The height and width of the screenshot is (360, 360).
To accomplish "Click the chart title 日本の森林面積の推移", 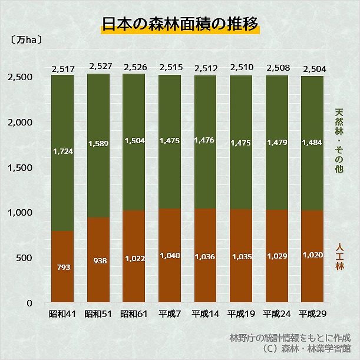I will click(x=180, y=25).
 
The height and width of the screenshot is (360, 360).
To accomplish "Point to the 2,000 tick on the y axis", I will click(x=21, y=122).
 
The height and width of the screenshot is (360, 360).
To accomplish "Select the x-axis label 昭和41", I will click(x=62, y=313).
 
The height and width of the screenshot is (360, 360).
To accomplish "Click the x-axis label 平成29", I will click(x=312, y=313).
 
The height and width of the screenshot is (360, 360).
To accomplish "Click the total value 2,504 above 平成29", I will click(x=313, y=69).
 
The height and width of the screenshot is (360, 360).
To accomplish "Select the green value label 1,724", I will click(x=62, y=151).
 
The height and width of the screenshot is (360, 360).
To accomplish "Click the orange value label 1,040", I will click(x=170, y=255).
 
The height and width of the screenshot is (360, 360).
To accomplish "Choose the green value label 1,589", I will click(x=99, y=143).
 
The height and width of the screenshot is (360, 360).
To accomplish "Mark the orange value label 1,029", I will click(x=277, y=257).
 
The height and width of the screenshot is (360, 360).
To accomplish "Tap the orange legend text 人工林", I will click(x=339, y=256).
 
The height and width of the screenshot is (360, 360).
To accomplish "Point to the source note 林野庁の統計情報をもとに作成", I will click(x=290, y=338).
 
